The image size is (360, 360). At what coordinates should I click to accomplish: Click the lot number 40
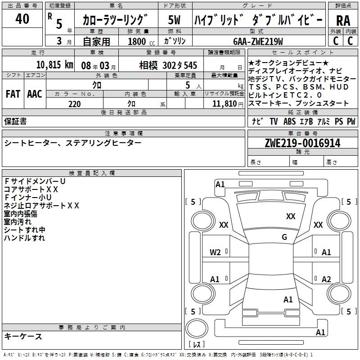tap(22, 19)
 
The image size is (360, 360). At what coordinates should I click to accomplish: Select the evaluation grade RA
tap(343, 21)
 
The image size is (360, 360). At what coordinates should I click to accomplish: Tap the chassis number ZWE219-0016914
tap(302, 143)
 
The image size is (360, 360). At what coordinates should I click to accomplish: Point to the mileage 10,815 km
tap(54, 65)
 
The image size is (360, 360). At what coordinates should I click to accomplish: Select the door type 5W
tap(174, 20)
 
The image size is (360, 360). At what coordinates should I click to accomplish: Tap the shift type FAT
tap(13, 94)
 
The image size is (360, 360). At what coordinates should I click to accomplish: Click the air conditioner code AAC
tap(35, 94)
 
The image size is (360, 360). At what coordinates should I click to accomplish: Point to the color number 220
tap(75, 104)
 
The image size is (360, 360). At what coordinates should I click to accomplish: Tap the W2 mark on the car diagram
tap(215, 252)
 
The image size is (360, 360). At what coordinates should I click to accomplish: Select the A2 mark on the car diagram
tap(326, 279)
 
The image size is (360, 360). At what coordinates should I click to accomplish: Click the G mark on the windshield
tap(284, 237)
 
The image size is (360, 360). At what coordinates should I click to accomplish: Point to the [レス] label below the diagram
tap(197, 345)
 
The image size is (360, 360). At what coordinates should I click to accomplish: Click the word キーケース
tap(23, 336)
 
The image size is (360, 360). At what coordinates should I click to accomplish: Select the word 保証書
tap(15, 121)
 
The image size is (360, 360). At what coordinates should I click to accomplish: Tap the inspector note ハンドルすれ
tap(24, 238)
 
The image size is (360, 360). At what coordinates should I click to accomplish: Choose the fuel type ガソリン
tap(173, 41)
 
